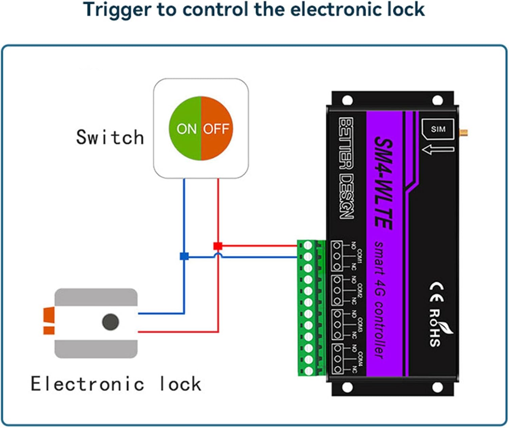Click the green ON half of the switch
(185, 129)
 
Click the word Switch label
(110, 137)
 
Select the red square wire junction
(218, 246)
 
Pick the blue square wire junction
(184, 256)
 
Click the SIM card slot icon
(438, 129)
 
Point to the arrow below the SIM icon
(438, 149)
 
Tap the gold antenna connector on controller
(463, 132)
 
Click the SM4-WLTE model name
(384, 183)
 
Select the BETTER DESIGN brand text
(346, 168)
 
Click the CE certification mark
(436, 292)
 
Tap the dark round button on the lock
(110, 322)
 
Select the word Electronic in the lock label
(87, 384)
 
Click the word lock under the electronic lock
(180, 384)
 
